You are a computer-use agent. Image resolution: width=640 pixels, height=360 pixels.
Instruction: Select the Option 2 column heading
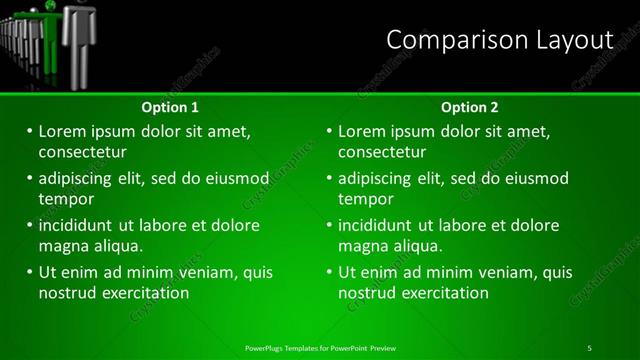469,107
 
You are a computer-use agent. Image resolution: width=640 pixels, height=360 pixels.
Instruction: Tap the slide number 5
589,347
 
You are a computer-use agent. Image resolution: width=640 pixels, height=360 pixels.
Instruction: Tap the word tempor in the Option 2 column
365,198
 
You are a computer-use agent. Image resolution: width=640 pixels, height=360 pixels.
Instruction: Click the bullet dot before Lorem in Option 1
29,131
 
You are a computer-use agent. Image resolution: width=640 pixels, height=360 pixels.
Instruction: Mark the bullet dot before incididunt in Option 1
29,225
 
